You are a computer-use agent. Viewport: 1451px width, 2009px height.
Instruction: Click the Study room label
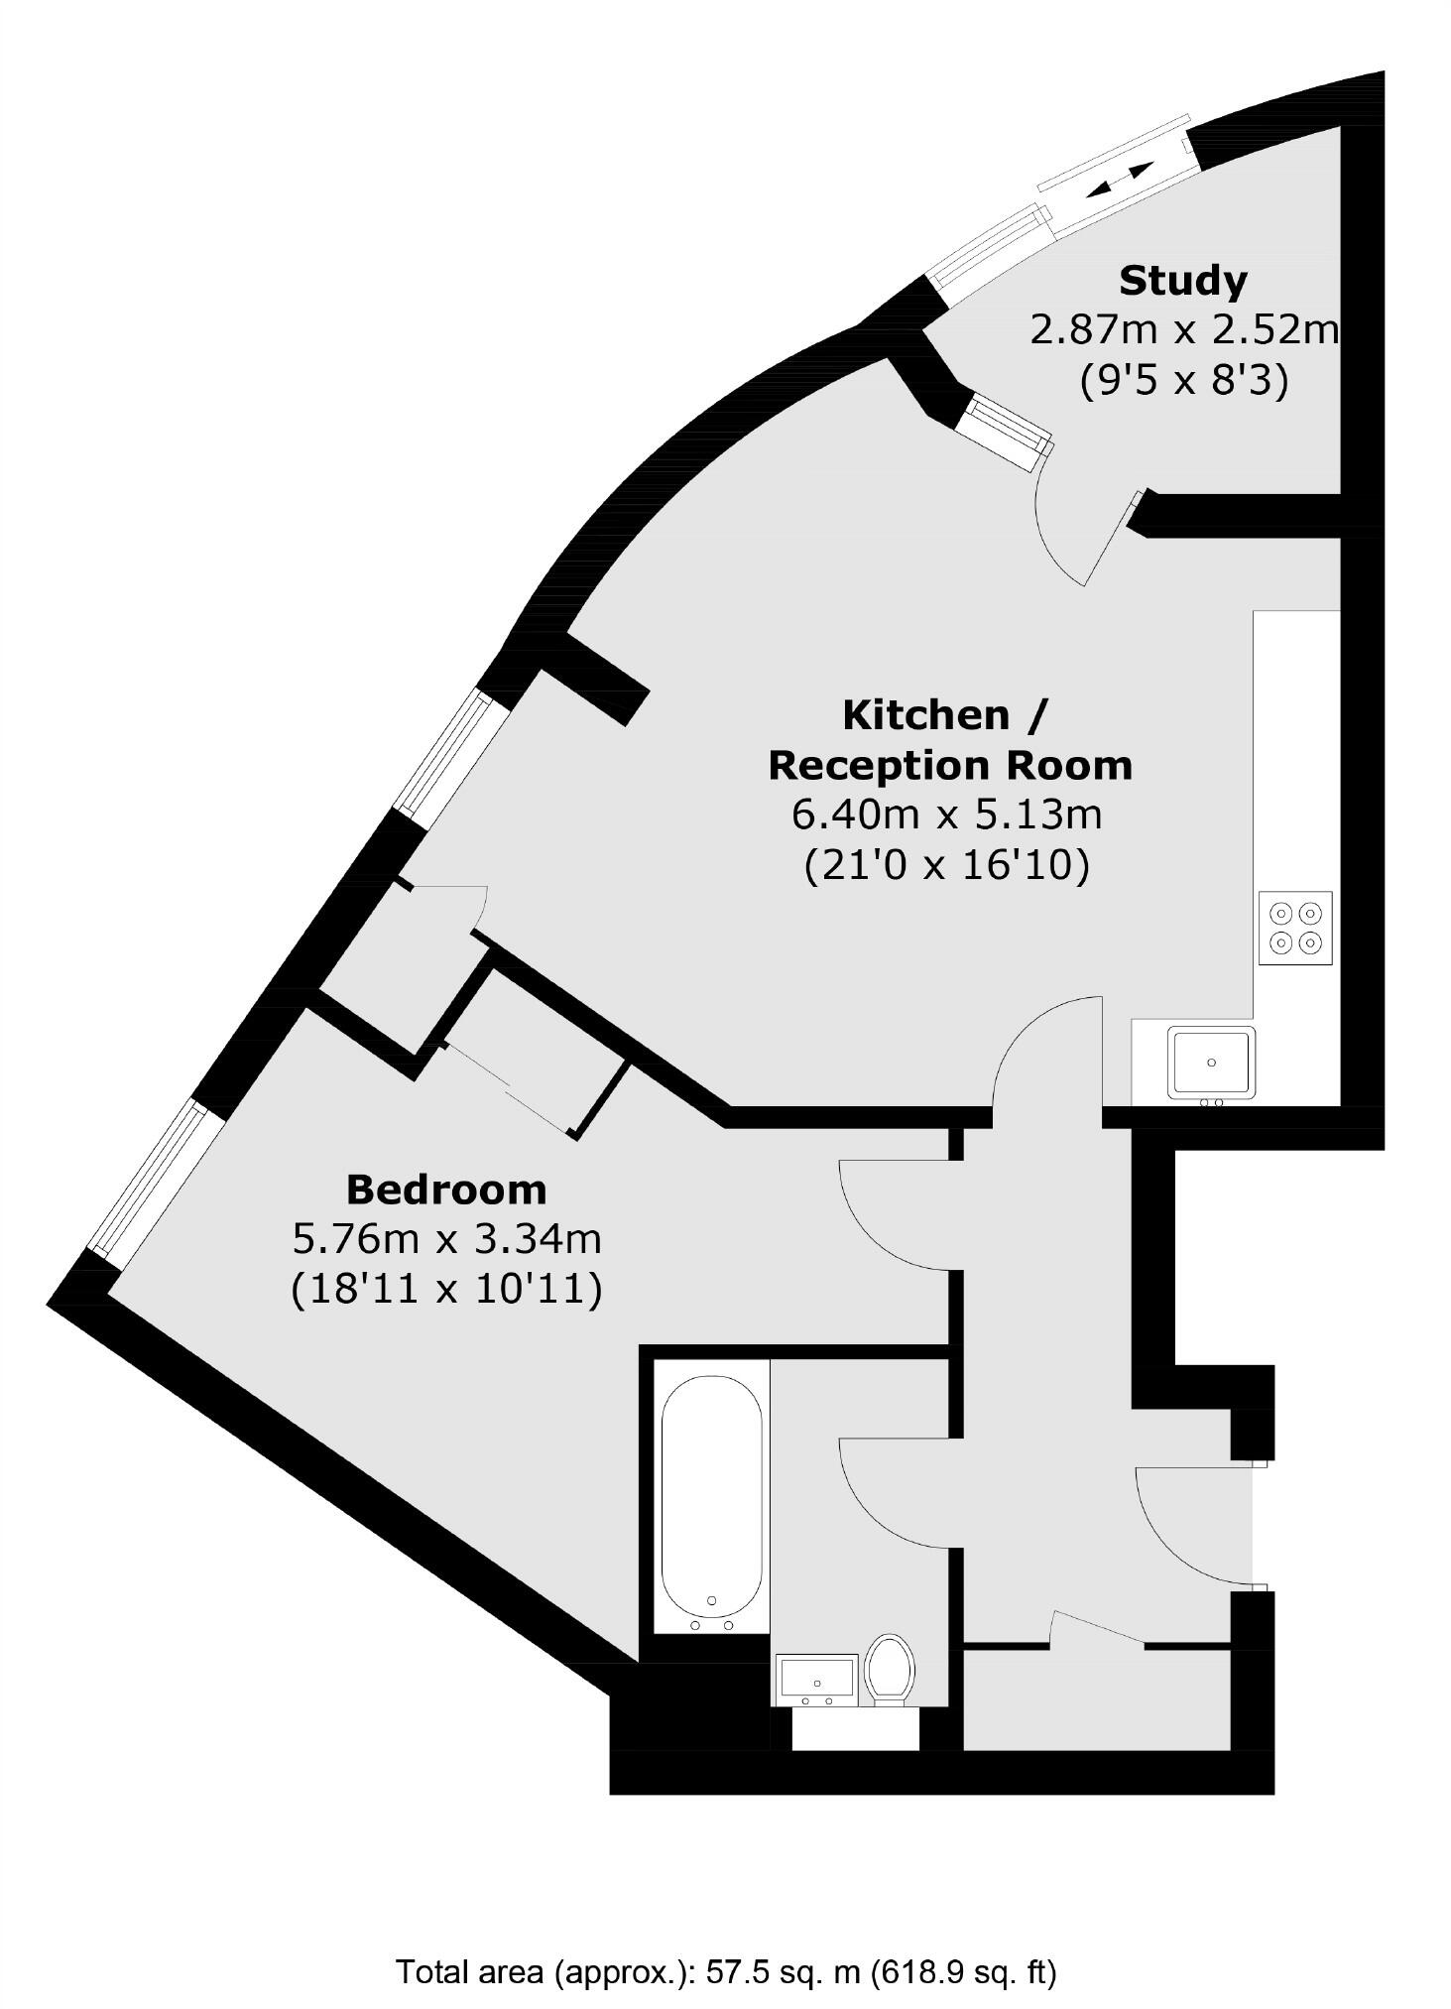click(x=1182, y=281)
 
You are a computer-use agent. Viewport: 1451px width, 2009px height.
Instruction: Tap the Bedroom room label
click(x=445, y=1189)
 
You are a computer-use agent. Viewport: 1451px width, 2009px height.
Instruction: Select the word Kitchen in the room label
click(x=925, y=714)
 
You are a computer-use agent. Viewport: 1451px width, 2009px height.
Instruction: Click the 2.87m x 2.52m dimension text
click(x=1184, y=329)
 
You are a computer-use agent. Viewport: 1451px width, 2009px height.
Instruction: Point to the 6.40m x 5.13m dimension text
click(x=946, y=815)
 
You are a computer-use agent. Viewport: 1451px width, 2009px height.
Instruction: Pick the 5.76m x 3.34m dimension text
click(x=446, y=1238)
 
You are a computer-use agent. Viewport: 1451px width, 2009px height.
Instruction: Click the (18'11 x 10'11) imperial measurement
click(x=446, y=1289)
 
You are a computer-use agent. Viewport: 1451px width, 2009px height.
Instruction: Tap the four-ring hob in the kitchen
click(x=1295, y=928)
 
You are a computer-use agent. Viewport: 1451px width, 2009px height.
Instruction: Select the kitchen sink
click(x=1211, y=1063)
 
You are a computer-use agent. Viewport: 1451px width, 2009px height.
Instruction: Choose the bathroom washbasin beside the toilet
click(x=817, y=1679)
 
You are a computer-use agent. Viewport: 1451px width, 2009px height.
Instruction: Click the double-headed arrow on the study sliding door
click(x=1120, y=180)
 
